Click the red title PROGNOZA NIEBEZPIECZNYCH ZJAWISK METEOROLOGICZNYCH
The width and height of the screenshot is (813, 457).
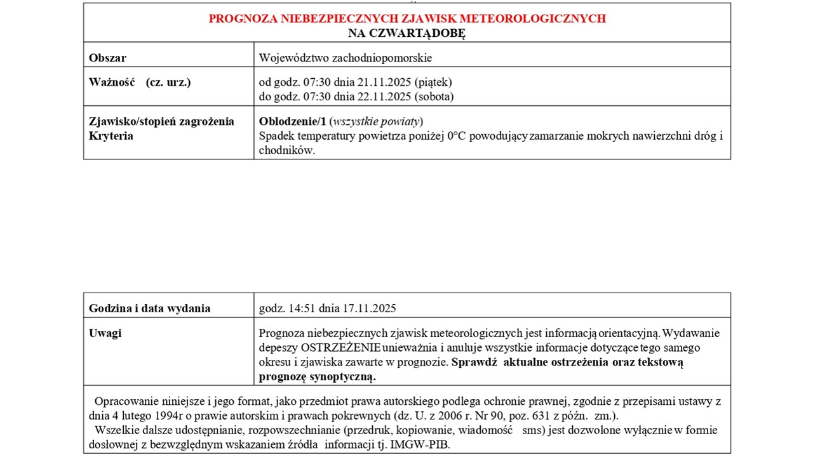pyautogui.click(x=407, y=18)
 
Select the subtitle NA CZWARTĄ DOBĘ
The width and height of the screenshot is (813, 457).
pyautogui.click(x=407, y=34)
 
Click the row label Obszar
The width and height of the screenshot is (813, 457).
pyautogui.click(x=107, y=58)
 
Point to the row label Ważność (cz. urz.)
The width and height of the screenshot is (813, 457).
pyautogui.click(x=140, y=82)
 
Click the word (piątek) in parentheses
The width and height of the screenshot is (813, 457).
pyautogui.click(x=433, y=82)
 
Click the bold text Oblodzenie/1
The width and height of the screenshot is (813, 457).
pyautogui.click(x=292, y=121)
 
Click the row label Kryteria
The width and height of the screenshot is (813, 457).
pyautogui.click(x=111, y=136)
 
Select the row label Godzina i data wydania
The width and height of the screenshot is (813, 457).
pyautogui.click(x=149, y=308)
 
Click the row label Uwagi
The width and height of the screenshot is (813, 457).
pyautogui.click(x=105, y=333)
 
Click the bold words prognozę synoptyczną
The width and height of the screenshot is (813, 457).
pyautogui.click(x=318, y=376)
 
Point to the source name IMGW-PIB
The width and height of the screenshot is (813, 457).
pyautogui.click(x=427, y=444)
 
